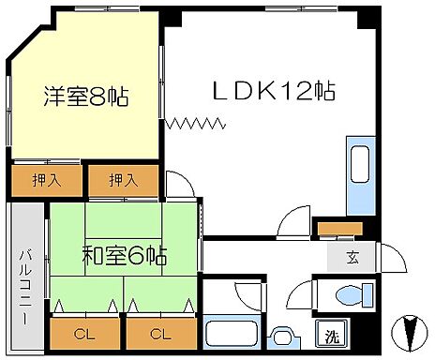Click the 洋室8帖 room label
click(85, 96)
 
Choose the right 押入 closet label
click(123, 179)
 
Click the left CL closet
click(83, 333)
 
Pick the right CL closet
click(160, 333)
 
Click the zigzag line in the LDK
click(197, 122)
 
